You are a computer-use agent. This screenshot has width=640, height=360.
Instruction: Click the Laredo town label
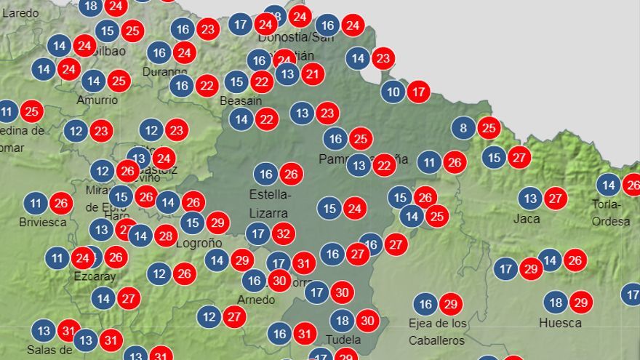tap(20, 12)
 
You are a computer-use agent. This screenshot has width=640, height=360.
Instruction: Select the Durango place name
tap(165, 71)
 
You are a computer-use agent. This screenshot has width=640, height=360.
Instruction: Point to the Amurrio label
tap(97, 100)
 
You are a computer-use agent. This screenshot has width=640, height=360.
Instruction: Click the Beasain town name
tap(241, 100)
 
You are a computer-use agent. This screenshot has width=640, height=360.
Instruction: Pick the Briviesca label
tap(43, 222)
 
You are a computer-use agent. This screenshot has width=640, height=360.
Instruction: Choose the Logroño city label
tap(199, 243)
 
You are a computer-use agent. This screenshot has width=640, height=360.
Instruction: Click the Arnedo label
tap(256, 300)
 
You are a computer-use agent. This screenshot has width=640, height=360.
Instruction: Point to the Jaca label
tap(527, 218)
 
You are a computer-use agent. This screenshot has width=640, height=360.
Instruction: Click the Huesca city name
tap(560, 322)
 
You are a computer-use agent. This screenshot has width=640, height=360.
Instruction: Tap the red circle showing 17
tap(418, 92)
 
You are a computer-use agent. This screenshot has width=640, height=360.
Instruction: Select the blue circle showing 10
tap(393, 92)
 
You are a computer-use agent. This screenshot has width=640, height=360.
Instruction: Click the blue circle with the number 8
tap(463, 129)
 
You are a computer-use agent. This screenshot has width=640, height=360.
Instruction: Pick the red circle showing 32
tap(284, 233)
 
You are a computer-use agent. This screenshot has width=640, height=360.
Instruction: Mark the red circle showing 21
tap(313, 73)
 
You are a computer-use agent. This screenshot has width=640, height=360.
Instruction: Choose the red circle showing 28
tap(166, 235)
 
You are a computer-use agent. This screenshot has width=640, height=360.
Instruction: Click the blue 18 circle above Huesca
tap(556, 302)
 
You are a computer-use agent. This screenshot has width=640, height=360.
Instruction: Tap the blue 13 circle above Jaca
tap(530, 198)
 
